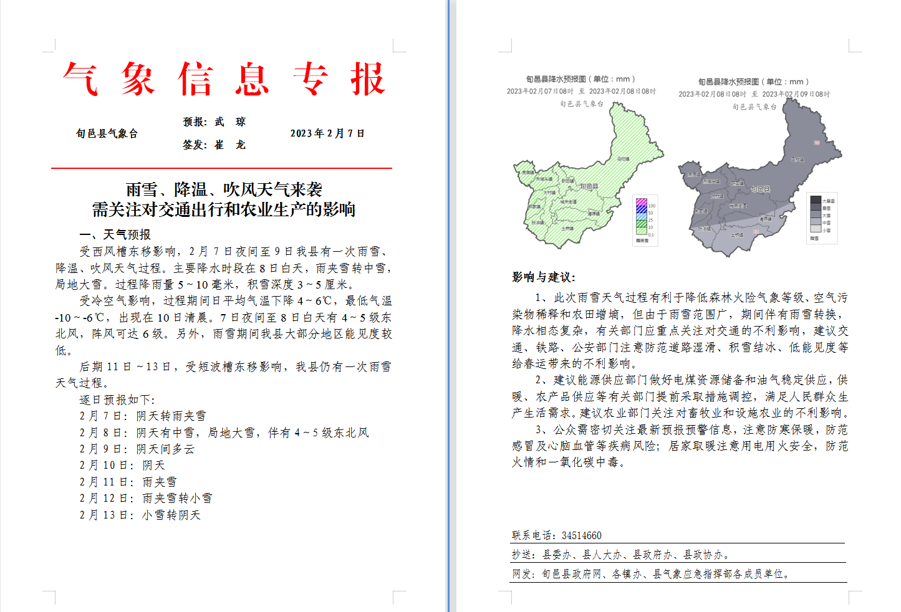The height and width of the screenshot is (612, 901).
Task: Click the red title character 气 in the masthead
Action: [x=80, y=79]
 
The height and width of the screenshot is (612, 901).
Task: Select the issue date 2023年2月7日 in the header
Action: [x=327, y=133]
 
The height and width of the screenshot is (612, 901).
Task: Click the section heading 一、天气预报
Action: [x=115, y=235]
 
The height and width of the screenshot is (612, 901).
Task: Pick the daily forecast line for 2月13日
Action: [x=140, y=515]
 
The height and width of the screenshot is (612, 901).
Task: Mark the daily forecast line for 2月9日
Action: [x=137, y=449]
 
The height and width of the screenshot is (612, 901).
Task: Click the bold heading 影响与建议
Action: [x=544, y=277]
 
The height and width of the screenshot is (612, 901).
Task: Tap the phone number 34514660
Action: [x=581, y=535]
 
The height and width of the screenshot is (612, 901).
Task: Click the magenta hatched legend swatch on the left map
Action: [x=641, y=202]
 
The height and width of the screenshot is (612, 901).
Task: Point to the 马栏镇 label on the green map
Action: [x=623, y=159]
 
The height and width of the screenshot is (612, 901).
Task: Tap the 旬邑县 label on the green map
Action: [x=589, y=186]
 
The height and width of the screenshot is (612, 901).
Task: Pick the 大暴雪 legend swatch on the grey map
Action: [x=815, y=200]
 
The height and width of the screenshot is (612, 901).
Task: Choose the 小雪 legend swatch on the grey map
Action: [x=815, y=229]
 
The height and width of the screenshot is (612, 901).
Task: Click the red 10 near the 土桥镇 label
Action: [x=756, y=232]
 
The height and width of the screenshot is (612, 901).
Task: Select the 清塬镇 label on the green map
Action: [x=594, y=214]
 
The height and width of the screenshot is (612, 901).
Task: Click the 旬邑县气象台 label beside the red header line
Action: [x=107, y=133]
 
